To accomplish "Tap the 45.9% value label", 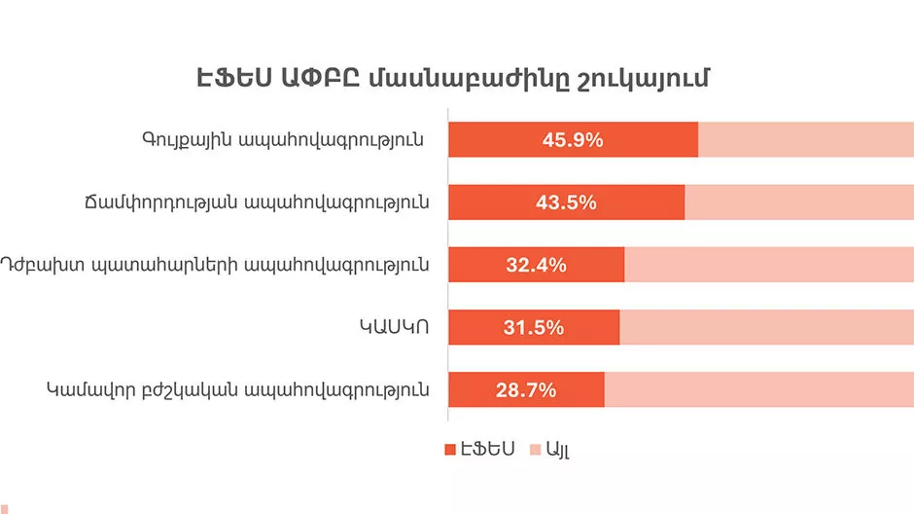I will click(x=572, y=140).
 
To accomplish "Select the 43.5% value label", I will click(x=566, y=202).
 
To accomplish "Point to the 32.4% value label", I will click(x=535, y=265).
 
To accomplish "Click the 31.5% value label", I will click(x=533, y=327).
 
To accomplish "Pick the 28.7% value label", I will click(x=526, y=390).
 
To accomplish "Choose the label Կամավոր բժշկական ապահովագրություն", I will click(x=238, y=390).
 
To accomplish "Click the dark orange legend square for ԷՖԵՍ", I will click(x=450, y=450).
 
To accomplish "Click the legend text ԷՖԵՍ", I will click(x=487, y=450).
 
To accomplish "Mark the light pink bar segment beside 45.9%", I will click(x=806, y=140).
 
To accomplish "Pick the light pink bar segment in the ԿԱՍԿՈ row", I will click(x=766, y=327).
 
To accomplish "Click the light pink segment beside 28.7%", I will click(x=758, y=390).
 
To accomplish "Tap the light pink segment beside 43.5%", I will click(x=799, y=202).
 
